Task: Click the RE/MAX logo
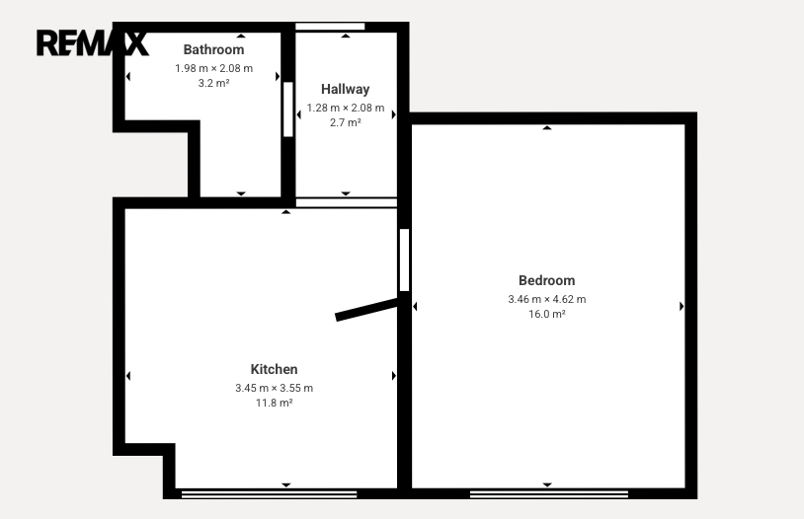coord(92,43)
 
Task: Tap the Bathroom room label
coord(213,49)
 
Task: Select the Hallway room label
coord(345,89)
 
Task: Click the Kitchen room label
coord(274,369)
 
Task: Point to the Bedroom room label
coord(546,281)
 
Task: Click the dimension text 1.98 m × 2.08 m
coord(213,68)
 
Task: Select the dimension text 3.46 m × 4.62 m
coord(546,299)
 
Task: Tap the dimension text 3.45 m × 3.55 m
coord(274,388)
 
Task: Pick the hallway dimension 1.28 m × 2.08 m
coord(345,109)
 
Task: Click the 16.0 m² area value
coord(546,314)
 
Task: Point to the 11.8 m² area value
coord(274,403)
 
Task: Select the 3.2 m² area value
coord(213,83)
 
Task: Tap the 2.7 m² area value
coord(345,122)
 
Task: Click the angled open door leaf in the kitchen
coord(367,310)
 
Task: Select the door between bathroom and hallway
coord(288,110)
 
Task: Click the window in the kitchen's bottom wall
coord(270,494)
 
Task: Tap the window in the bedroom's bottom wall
coord(549,494)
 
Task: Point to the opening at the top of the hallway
coord(330,27)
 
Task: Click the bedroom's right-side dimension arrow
coord(682,307)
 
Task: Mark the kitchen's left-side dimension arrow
coord(128,376)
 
